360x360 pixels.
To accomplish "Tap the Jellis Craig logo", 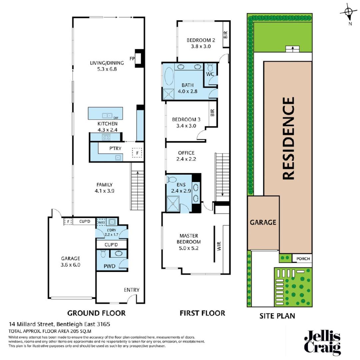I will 322,343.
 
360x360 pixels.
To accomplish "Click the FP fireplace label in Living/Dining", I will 132,59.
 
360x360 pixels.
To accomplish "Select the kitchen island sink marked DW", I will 107,115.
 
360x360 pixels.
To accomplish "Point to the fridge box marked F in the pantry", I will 136,153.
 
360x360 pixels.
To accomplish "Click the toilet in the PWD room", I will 103,255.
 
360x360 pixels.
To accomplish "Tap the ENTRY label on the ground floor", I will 131,290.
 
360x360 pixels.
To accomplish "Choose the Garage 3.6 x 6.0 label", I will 71,262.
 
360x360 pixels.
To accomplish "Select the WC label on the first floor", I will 210,74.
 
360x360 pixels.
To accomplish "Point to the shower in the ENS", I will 173,203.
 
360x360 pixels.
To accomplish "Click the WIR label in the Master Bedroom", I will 219,246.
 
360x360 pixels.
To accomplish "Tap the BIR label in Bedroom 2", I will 226,35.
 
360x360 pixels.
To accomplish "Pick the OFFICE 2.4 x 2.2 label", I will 186,156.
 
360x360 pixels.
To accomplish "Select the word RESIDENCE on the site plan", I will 288,138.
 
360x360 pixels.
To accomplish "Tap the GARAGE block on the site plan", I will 263,222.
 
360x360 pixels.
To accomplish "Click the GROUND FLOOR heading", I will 96,313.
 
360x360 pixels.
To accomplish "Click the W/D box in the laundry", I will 101,222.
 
